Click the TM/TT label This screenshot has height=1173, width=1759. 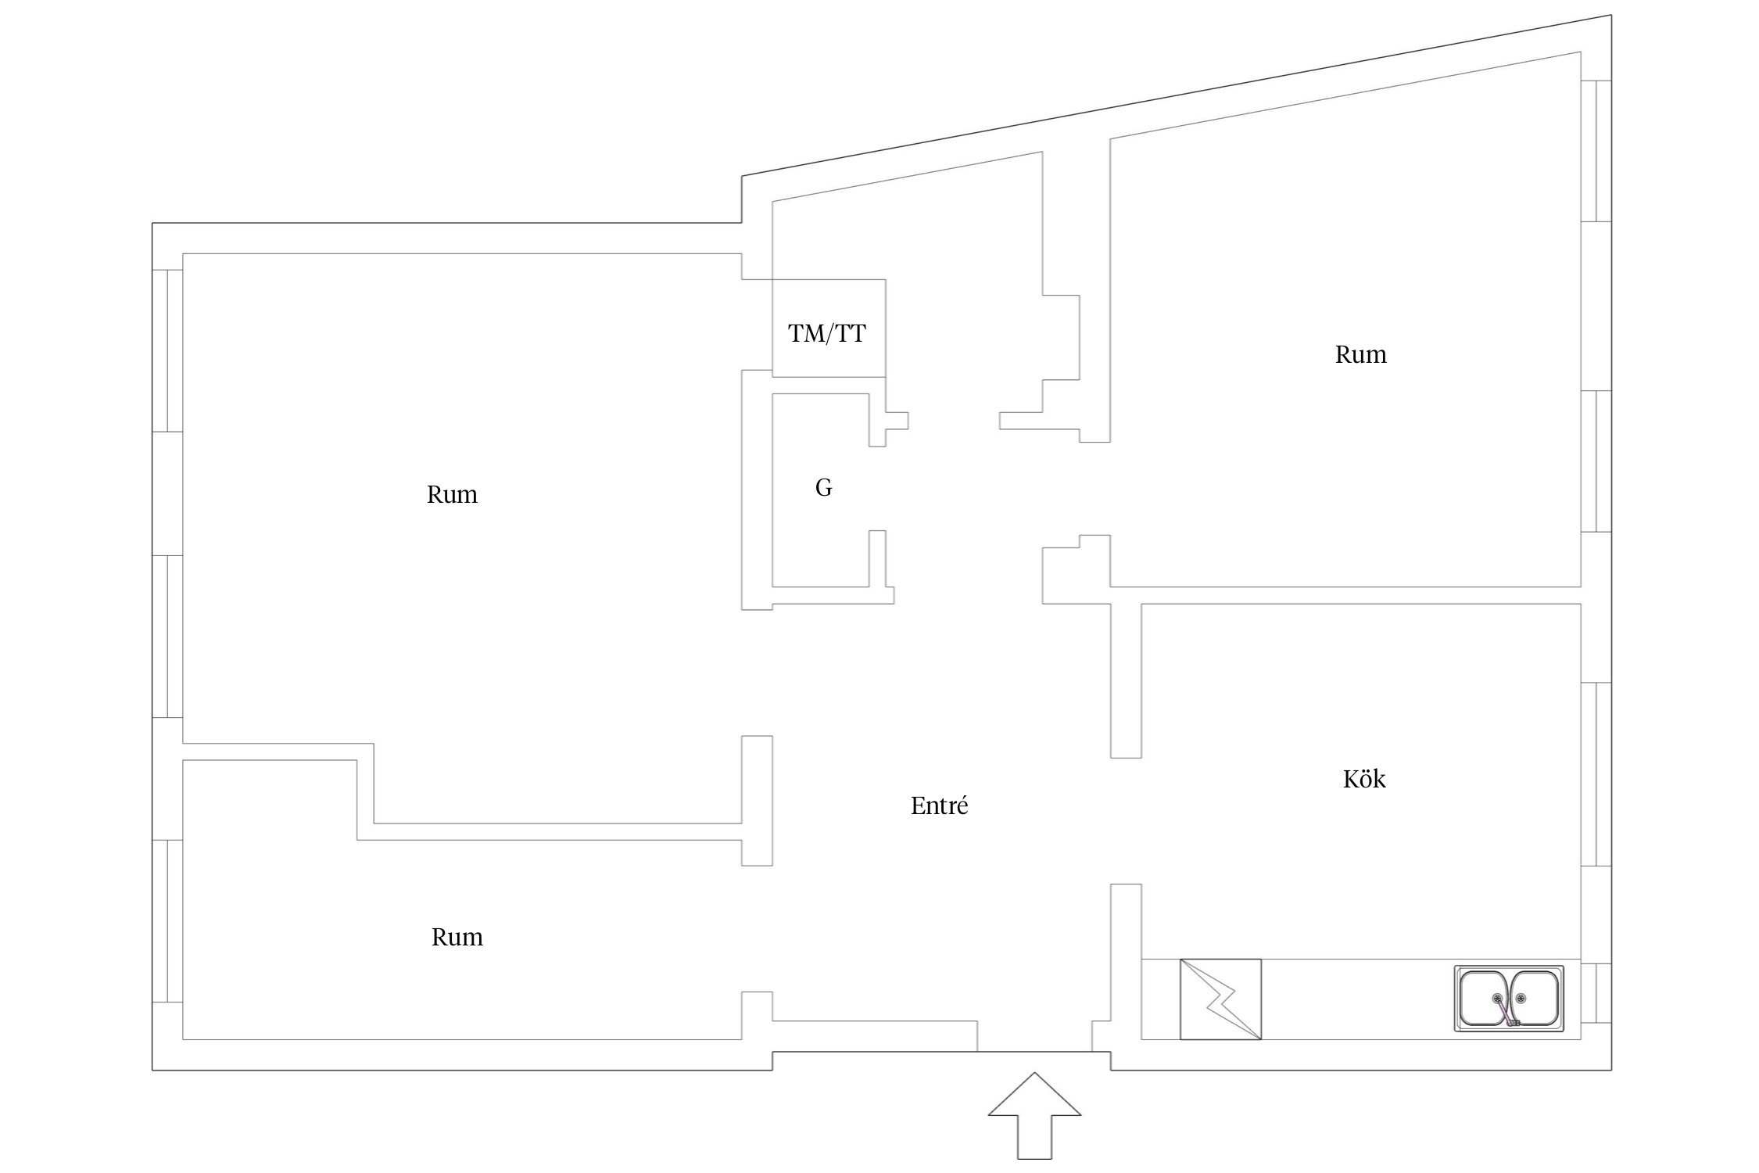tap(827, 334)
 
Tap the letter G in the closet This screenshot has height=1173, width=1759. tap(823, 488)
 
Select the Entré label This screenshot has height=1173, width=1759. tap(939, 805)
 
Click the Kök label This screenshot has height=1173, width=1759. tap(1364, 779)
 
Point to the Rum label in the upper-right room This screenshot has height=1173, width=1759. tap(1360, 354)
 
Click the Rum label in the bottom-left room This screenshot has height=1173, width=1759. tap(457, 937)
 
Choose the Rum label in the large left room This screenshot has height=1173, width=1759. tap(452, 494)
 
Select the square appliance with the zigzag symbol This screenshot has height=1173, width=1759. tap(1220, 999)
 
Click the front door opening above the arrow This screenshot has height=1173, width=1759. tap(1034, 1051)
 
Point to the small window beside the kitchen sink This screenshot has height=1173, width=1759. tap(1596, 992)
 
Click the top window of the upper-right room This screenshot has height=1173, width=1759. tap(1596, 151)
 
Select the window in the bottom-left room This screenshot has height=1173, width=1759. tap(167, 921)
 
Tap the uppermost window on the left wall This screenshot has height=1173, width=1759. tap(167, 350)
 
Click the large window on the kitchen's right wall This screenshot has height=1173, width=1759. tap(1596, 774)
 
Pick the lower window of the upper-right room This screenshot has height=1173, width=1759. tap(1596, 461)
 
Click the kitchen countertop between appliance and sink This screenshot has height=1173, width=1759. tap(1357, 999)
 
